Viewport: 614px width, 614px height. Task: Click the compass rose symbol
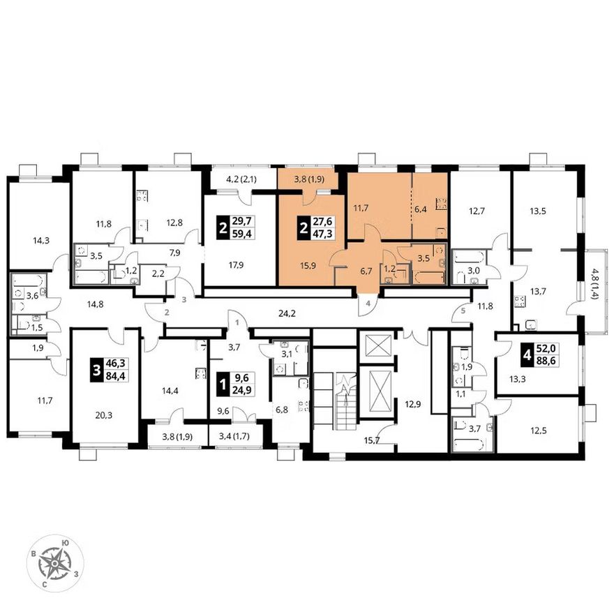[x=55, y=564]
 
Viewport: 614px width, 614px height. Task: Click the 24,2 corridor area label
[x=287, y=313]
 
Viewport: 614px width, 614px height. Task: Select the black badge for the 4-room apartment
[x=527, y=355]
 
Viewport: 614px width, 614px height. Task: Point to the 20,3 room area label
[x=103, y=415]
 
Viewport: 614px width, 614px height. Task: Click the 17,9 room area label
[x=236, y=265]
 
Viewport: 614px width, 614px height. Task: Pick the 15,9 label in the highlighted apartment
[x=308, y=266]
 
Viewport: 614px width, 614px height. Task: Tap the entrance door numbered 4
[x=368, y=303]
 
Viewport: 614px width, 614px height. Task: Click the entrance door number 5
[x=463, y=311]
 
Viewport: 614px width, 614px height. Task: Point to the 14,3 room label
[x=41, y=241]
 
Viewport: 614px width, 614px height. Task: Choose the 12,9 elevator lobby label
[x=413, y=405]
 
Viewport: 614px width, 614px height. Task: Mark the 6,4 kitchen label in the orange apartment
[x=421, y=209]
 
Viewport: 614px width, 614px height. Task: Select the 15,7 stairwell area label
[x=372, y=441]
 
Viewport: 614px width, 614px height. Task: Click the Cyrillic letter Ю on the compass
[x=66, y=543]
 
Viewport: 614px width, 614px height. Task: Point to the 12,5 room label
[x=539, y=431]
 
